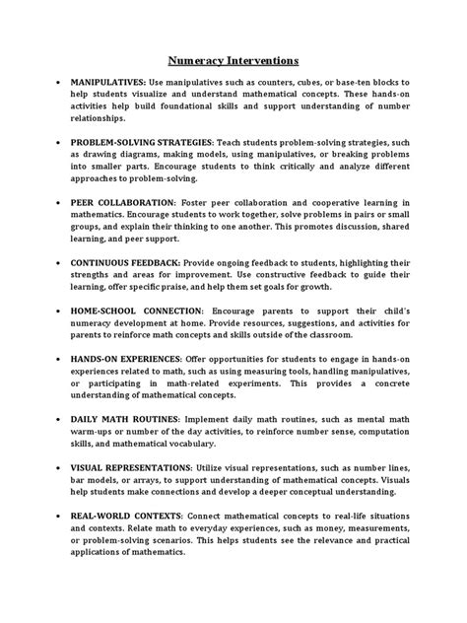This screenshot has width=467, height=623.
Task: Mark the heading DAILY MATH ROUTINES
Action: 125,418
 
